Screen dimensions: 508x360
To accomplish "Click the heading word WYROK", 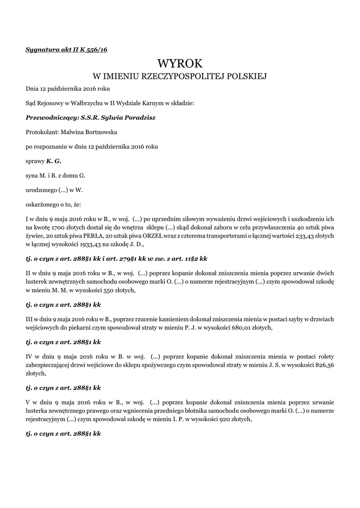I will [x=180, y=63].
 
